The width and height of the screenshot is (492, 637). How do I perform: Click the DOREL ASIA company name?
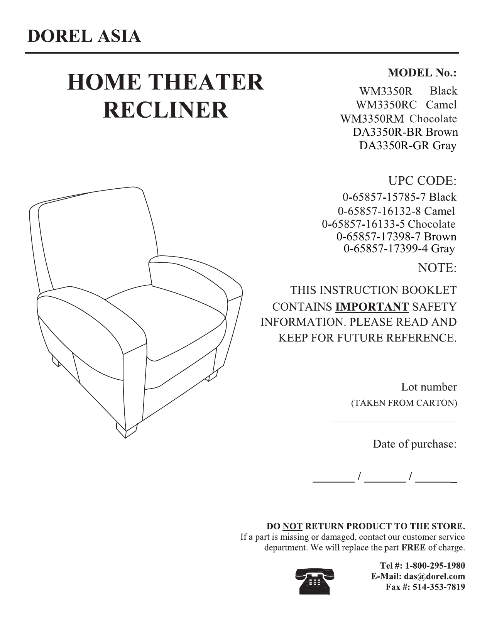click(x=83, y=36)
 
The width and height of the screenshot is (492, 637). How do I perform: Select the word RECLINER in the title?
click(x=166, y=110)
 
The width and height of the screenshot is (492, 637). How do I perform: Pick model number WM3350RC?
click(x=386, y=105)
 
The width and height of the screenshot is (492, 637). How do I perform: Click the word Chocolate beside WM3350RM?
click(x=433, y=119)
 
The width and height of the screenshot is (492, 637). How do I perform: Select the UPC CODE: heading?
click(x=422, y=181)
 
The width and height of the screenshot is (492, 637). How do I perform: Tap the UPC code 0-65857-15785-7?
click(x=384, y=197)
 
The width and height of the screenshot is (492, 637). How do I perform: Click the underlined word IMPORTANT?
click(x=372, y=307)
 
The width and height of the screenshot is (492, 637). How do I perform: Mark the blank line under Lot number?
click(x=394, y=421)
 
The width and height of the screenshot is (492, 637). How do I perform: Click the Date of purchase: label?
click(x=414, y=444)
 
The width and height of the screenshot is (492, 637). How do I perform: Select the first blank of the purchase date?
click(x=333, y=482)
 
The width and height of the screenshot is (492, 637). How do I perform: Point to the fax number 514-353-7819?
click(x=438, y=588)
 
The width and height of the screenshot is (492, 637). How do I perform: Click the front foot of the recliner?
click(x=126, y=430)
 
